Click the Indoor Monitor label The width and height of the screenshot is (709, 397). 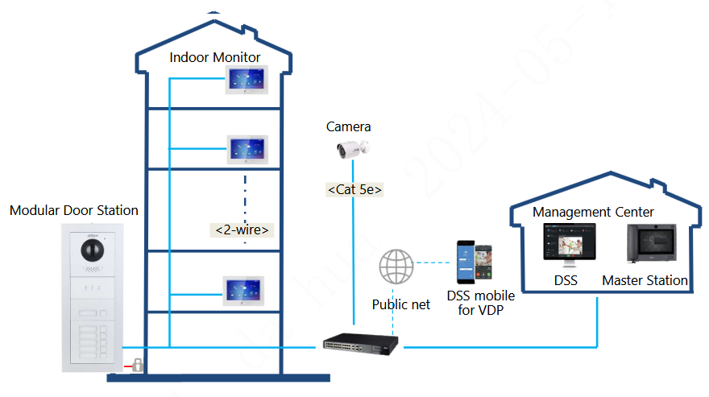pos(215,57)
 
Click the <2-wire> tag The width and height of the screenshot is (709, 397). pos(242,230)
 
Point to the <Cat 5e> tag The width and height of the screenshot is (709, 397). pos(354,190)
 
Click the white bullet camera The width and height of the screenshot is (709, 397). pos(352,148)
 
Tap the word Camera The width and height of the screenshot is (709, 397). pos(349,126)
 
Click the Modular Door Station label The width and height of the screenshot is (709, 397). pos(74,210)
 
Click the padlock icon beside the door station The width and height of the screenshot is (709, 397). pos(138,364)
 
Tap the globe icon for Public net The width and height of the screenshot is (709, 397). pos(396,267)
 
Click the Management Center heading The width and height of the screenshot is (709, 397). pos(593,212)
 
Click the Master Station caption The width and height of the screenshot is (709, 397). pos(645,281)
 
